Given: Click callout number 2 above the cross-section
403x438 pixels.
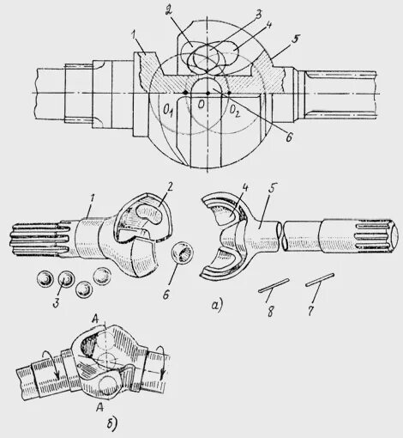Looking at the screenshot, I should point(195,9).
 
